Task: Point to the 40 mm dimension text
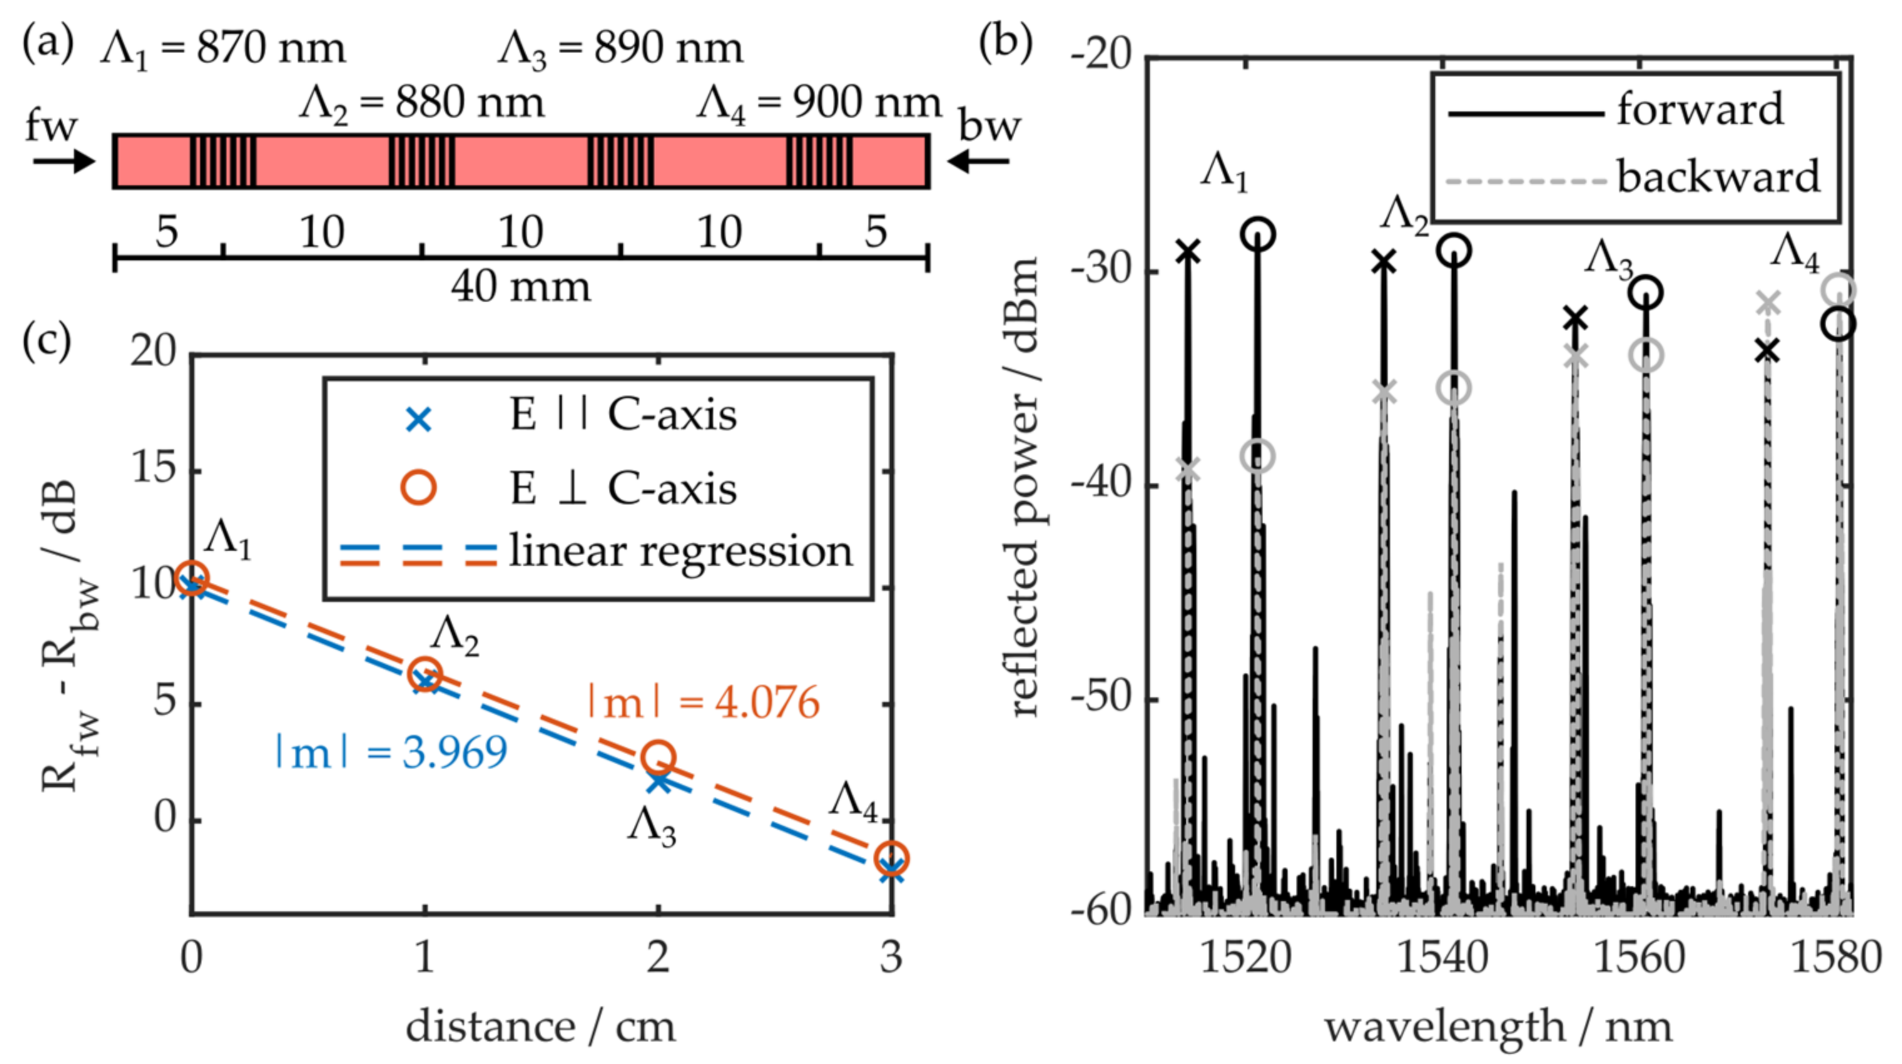coord(521,287)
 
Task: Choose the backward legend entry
coord(1632,178)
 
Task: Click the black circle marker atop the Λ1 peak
coord(1258,235)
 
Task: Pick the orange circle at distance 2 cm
coord(659,757)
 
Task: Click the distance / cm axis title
coord(541,1027)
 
